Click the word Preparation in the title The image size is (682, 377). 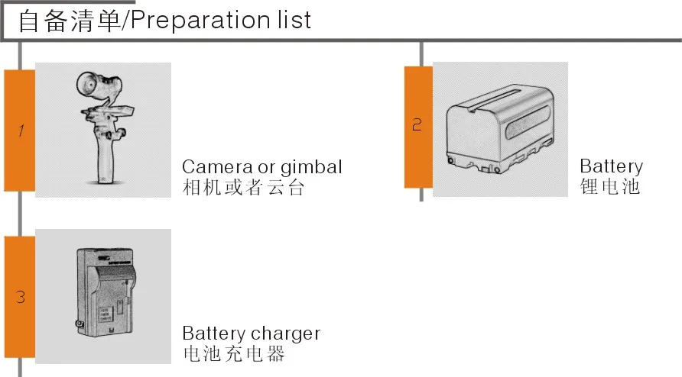(200, 21)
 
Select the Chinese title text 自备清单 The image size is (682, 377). (70, 21)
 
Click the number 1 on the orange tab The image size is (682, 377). (21, 130)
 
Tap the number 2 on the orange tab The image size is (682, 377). (417, 125)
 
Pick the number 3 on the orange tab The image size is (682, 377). (21, 297)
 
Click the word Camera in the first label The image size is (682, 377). (217, 167)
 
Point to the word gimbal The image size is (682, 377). (311, 168)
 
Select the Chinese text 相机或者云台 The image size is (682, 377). (243, 188)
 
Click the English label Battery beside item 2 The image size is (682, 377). (611, 166)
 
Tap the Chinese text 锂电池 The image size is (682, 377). (610, 186)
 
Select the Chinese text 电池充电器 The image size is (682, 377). (234, 353)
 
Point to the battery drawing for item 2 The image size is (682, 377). (500, 128)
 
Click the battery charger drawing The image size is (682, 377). (105, 293)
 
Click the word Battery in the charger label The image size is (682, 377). (213, 333)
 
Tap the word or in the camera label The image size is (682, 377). (266, 168)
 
